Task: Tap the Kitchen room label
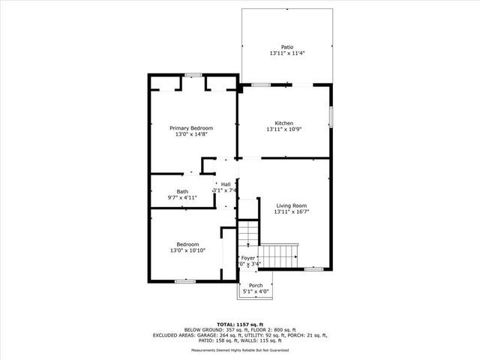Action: (283, 123)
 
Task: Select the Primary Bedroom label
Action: (190, 128)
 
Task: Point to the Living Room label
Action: (291, 205)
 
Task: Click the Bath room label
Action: (182, 191)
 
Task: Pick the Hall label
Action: (225, 184)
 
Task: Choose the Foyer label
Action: (247, 257)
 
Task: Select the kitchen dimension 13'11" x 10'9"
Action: (283, 130)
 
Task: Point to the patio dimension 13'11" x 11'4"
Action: (287, 53)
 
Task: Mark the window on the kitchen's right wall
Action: (331, 118)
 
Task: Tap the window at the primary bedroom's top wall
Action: (193, 75)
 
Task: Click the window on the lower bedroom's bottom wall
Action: (185, 281)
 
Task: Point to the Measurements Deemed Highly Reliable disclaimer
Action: (240, 349)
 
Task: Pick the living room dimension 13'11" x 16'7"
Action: (291, 212)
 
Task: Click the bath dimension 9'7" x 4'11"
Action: (182, 198)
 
